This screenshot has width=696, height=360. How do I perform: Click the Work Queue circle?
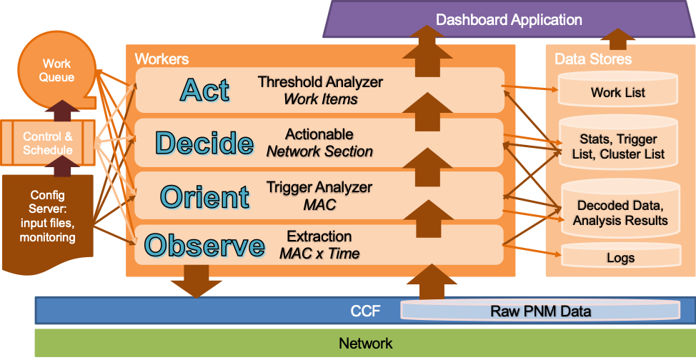coord(56,71)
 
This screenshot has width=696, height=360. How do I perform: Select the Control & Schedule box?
coord(47,143)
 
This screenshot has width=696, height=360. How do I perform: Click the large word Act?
coord(204,90)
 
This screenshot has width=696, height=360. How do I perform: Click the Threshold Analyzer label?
coord(320,81)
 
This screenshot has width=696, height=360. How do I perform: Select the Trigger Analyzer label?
coord(319,187)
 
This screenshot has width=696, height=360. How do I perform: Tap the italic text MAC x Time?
coord(319,254)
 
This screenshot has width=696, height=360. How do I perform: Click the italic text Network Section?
coord(319,152)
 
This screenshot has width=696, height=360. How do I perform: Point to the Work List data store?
coord(617,89)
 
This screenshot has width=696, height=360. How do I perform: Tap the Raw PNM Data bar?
coord(540,310)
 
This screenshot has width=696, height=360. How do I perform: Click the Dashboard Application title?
coord(509,19)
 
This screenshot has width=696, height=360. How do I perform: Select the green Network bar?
coord(365,343)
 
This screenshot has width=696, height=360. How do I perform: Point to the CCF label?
coord(365,311)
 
